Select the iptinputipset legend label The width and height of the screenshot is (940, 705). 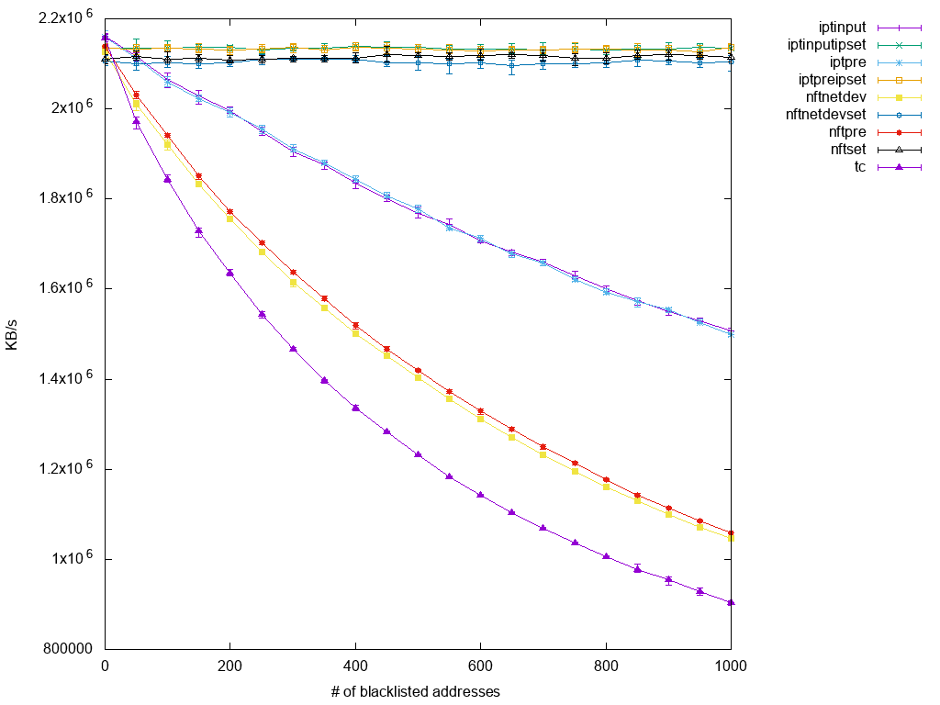(x=827, y=45)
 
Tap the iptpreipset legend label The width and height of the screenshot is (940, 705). (x=831, y=80)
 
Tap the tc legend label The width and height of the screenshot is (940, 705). (x=860, y=167)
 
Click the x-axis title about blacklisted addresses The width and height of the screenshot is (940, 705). (x=416, y=691)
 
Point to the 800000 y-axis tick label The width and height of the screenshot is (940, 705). (x=68, y=649)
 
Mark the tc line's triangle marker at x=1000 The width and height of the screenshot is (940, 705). (x=731, y=602)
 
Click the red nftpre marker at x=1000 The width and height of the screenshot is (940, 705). (x=731, y=532)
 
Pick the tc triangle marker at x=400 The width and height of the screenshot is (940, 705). (x=355, y=408)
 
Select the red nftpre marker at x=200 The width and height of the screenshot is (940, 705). (x=229, y=211)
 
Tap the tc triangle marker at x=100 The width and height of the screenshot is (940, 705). (x=167, y=179)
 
